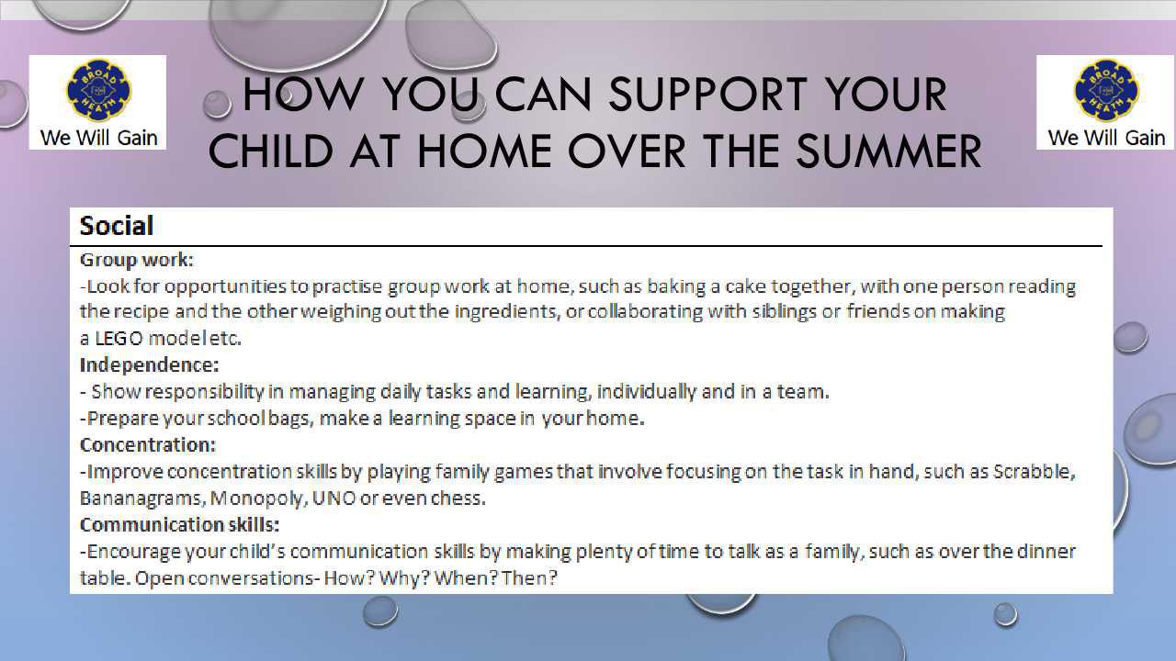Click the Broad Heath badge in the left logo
(x=98, y=90)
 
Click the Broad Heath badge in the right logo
(x=1106, y=90)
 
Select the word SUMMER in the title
(x=888, y=151)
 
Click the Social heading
(x=116, y=226)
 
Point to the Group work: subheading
(x=137, y=260)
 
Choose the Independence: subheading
(x=149, y=364)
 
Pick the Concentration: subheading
(x=148, y=445)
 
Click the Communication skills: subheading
(x=179, y=524)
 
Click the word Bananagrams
(x=141, y=499)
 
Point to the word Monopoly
(x=257, y=499)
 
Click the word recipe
(x=141, y=312)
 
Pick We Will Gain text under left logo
(x=98, y=138)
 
